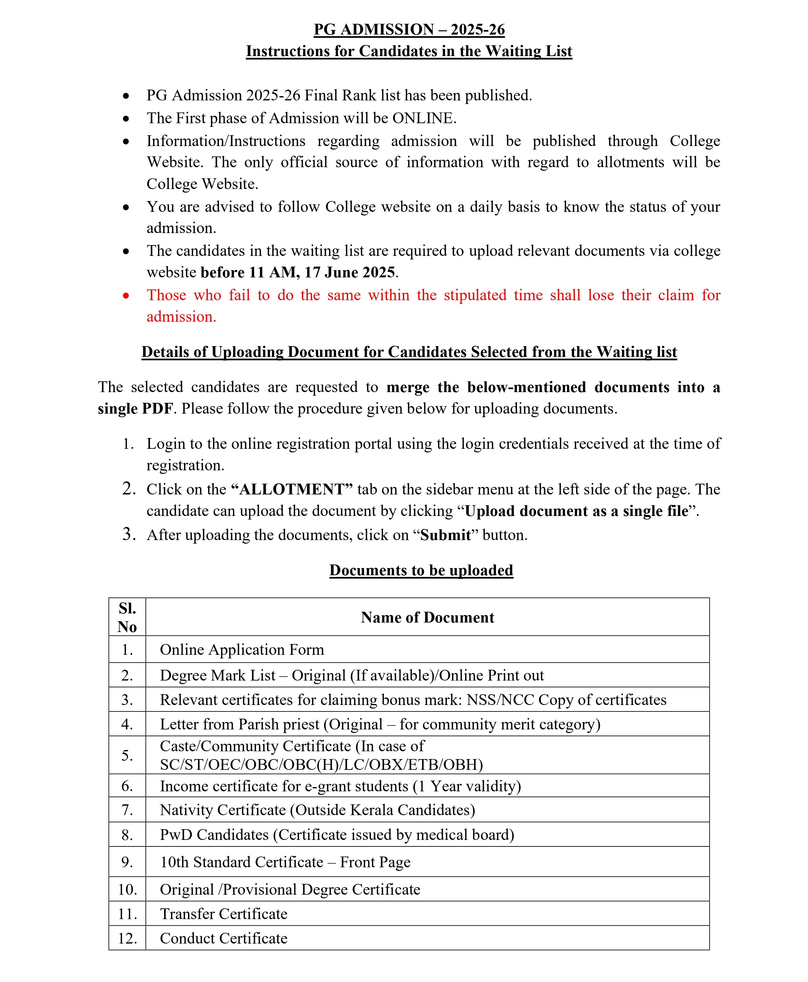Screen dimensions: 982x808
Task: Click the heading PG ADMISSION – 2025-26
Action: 409,29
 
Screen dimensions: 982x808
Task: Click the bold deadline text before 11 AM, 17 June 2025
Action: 298,272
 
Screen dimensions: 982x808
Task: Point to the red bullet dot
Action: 126,295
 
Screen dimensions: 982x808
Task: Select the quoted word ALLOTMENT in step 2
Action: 291,489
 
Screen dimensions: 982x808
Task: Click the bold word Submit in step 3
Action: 446,535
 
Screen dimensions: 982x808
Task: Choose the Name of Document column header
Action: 427,617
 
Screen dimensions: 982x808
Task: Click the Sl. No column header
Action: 127,617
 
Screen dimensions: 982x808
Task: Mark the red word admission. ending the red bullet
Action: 181,317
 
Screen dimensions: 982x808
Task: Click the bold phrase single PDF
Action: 135,409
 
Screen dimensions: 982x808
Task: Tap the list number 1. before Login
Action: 128,444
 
